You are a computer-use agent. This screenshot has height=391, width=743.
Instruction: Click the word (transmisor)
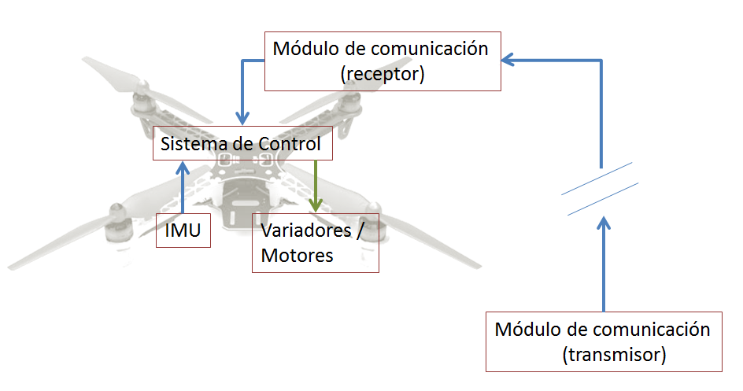click(615, 355)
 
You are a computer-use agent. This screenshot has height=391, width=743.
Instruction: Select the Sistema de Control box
click(241, 144)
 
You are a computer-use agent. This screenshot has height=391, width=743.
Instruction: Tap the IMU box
click(183, 231)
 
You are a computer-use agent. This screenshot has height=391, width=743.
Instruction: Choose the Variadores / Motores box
click(315, 243)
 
